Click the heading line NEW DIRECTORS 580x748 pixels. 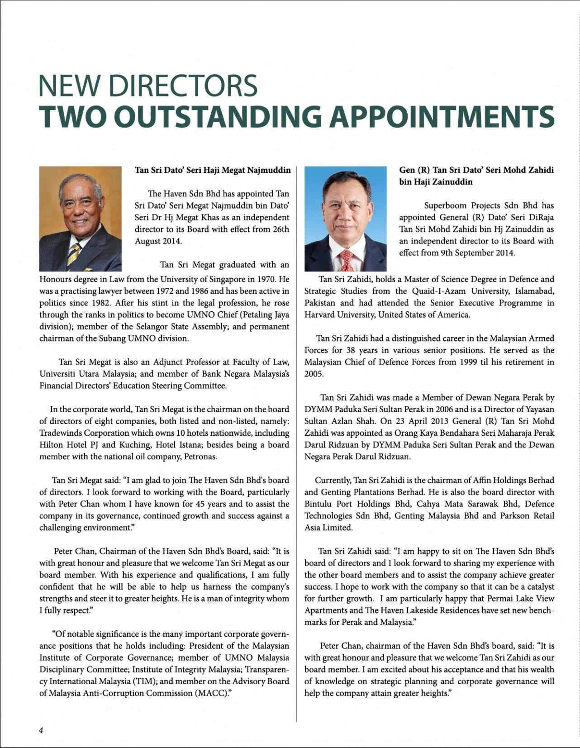click(x=148, y=85)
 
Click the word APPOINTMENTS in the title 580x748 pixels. click(x=442, y=116)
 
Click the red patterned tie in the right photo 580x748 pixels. click(x=346, y=258)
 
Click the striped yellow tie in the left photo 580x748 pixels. click(x=73, y=255)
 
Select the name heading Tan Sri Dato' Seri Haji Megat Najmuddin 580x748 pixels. click(x=213, y=170)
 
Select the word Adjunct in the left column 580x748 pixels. click(x=172, y=362)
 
